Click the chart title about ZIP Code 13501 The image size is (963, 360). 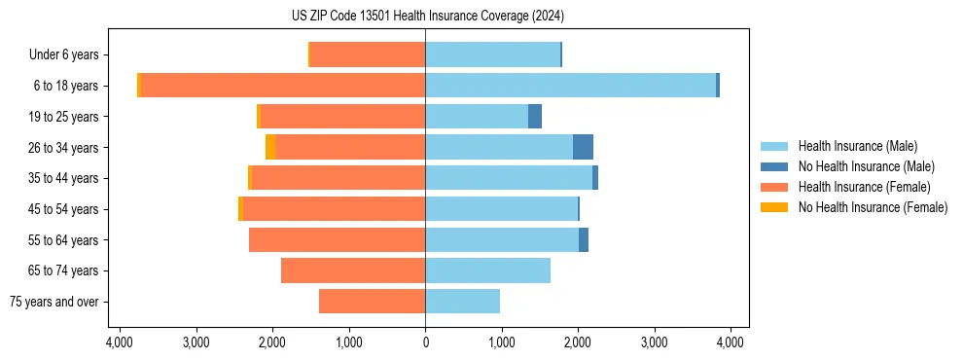pyautogui.click(x=425, y=17)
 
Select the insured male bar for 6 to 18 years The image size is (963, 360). pyautogui.click(x=570, y=86)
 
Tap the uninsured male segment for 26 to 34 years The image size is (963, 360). pyautogui.click(x=583, y=147)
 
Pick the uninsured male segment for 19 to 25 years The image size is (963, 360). pyautogui.click(x=535, y=117)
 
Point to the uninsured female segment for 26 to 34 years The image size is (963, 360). pyautogui.click(x=270, y=147)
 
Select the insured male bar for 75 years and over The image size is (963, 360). pyautogui.click(x=462, y=302)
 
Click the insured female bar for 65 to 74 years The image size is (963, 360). pyautogui.click(x=353, y=270)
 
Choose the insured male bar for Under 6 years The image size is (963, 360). pyautogui.click(x=492, y=54)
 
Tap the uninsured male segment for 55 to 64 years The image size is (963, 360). pyautogui.click(x=584, y=240)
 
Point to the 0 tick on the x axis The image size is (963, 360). pyautogui.click(x=425, y=342)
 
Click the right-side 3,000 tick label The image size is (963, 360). pyautogui.click(x=655, y=342)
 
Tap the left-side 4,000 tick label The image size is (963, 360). pyautogui.click(x=120, y=342)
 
